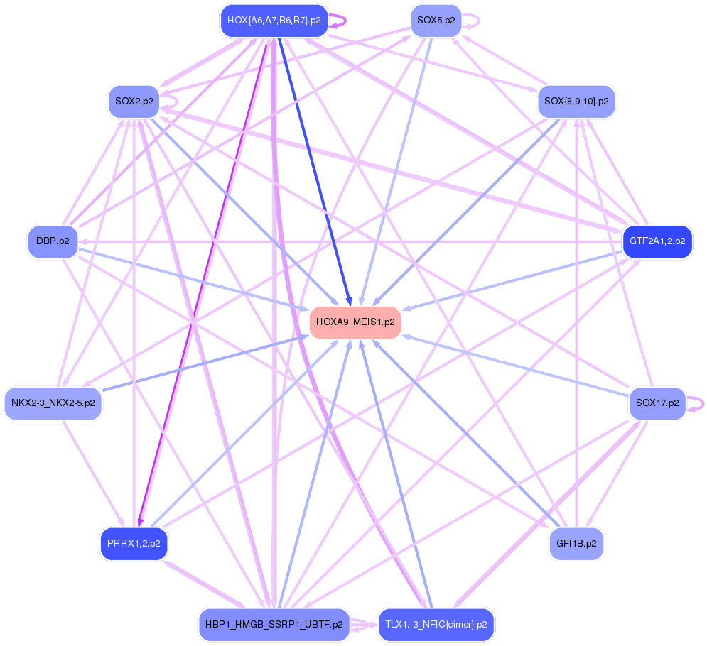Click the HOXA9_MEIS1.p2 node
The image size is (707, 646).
[x=355, y=322]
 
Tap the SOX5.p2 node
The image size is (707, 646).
[x=436, y=21]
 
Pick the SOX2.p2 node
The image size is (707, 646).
[x=134, y=102]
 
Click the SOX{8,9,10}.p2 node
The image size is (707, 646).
[x=576, y=102]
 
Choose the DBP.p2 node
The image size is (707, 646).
[x=52, y=241]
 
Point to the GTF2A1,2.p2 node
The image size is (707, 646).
[x=657, y=241]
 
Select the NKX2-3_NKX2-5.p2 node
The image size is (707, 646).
[x=53, y=403]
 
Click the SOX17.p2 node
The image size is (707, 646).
[x=657, y=403]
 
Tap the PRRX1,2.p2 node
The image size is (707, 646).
[x=134, y=544]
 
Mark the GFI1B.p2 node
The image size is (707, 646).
[x=576, y=544]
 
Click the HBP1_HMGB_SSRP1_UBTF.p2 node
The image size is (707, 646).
[x=274, y=625]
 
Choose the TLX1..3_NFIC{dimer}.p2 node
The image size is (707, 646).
[x=436, y=625]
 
